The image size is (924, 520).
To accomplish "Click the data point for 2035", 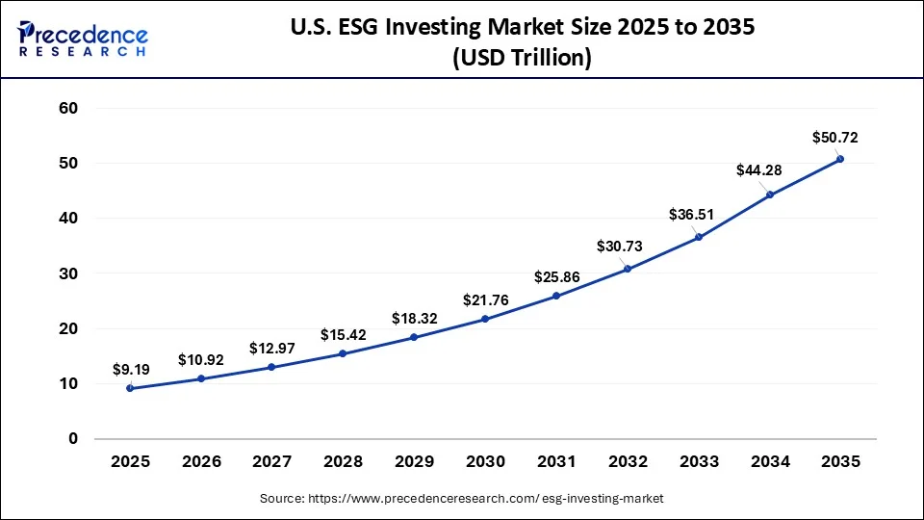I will point(840,159).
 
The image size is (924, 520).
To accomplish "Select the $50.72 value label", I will point(834,138).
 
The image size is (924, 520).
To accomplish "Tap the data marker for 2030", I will point(485,319).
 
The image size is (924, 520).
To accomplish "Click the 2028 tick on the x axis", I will point(343,462).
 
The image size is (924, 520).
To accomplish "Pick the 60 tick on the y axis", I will point(66,109).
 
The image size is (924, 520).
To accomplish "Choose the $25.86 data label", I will point(556,277).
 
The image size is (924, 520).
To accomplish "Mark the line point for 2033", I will point(699,237).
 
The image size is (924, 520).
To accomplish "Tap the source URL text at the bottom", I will point(462,498).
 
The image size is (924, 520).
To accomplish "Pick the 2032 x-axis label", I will point(627,462).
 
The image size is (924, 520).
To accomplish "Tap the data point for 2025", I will point(130,388).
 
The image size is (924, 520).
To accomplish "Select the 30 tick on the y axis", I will point(66,273).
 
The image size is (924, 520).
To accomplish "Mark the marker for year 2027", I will point(272,367).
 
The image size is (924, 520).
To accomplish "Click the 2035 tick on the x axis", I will point(840,462).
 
